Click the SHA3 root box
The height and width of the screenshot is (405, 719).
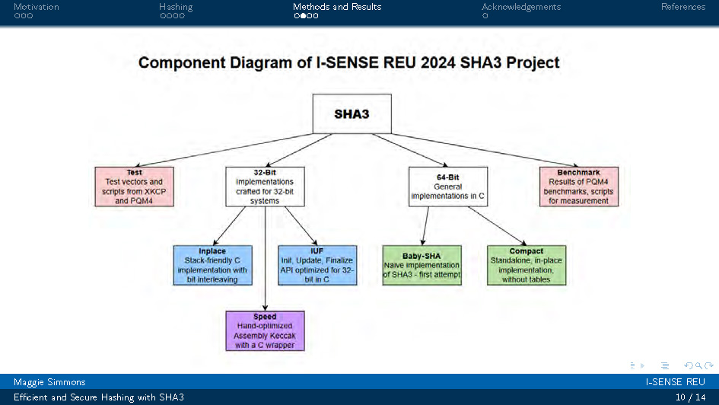(x=352, y=113)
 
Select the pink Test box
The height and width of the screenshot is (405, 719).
(x=134, y=187)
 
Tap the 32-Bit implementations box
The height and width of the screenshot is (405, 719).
(x=265, y=187)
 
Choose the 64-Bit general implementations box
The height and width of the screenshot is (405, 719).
(x=447, y=187)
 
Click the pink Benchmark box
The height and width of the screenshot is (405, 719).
(x=578, y=187)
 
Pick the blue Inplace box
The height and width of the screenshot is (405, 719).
(x=212, y=265)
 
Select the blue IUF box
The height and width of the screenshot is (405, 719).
(x=317, y=265)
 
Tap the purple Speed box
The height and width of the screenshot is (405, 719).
(x=265, y=331)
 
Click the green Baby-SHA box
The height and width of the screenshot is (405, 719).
(x=422, y=265)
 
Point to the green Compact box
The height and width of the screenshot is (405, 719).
(x=527, y=265)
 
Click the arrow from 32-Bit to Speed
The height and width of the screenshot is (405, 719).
(x=265, y=259)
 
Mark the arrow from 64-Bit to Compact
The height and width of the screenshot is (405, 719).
(x=496, y=225)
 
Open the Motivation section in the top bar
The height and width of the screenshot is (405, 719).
(x=36, y=7)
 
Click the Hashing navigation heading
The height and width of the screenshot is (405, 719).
(x=176, y=7)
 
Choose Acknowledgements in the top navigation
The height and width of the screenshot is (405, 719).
(x=521, y=7)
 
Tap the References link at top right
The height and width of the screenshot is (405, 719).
(x=682, y=7)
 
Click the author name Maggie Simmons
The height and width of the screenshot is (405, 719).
(x=49, y=382)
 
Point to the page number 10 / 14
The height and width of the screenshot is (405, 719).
(x=690, y=397)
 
